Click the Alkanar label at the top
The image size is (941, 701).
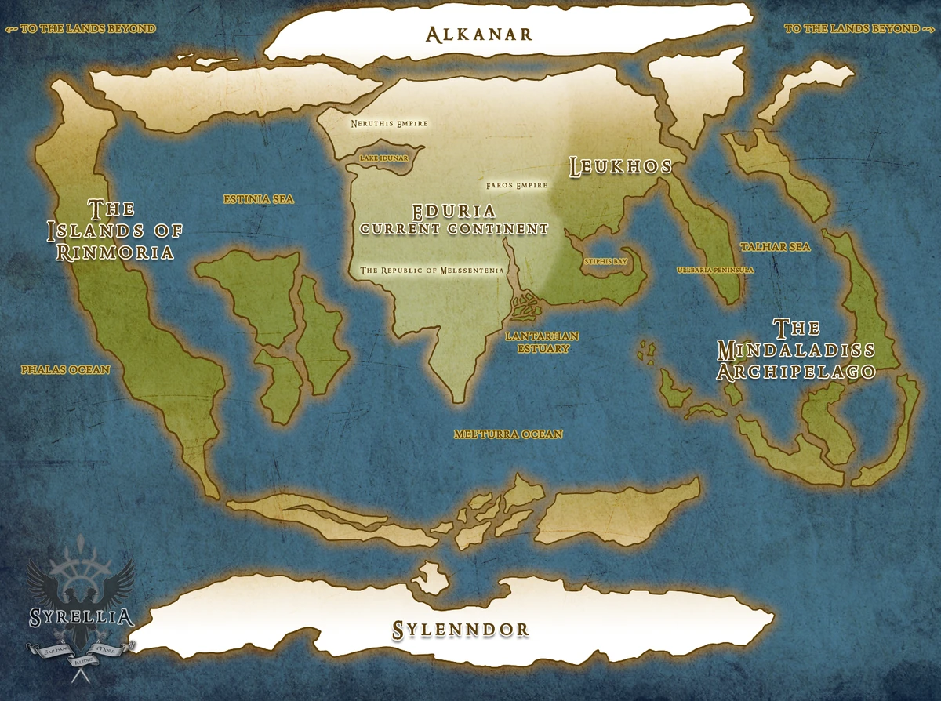coord(478,34)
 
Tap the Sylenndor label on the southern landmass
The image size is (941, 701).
coord(460,629)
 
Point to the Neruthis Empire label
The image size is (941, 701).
coord(390,123)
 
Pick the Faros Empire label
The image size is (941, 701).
coord(517,185)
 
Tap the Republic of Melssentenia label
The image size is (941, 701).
coord(431,271)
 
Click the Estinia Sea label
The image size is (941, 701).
coord(258,199)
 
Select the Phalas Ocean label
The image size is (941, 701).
coord(66,369)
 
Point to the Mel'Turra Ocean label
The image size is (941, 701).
coord(508,434)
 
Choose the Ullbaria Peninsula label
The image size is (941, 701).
coord(715,270)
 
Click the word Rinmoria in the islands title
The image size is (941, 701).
coord(114,252)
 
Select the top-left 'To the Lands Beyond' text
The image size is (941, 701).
coord(81,28)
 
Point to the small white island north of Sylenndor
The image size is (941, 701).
coord(431,577)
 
